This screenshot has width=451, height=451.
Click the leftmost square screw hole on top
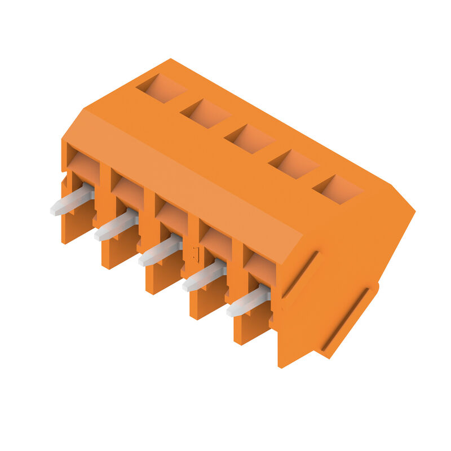click(161, 89)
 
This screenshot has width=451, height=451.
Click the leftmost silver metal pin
click(72, 201)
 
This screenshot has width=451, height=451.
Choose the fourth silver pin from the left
click(204, 276)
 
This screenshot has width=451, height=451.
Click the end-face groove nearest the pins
click(300, 275)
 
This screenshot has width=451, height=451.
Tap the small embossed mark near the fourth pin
click(196, 254)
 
